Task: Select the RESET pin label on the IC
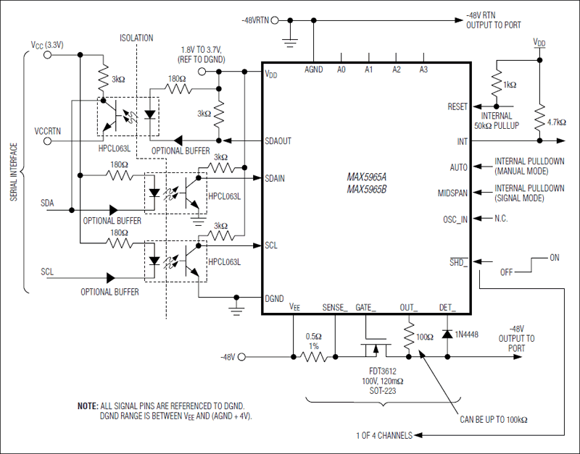457,106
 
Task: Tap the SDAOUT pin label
278,140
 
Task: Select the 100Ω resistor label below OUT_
426,337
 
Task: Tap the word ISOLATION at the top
136,38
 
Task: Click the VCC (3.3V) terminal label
48,45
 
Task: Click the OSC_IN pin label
455,219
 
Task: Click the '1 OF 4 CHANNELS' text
384,435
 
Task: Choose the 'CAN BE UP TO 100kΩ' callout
494,419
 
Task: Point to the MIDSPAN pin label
453,193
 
